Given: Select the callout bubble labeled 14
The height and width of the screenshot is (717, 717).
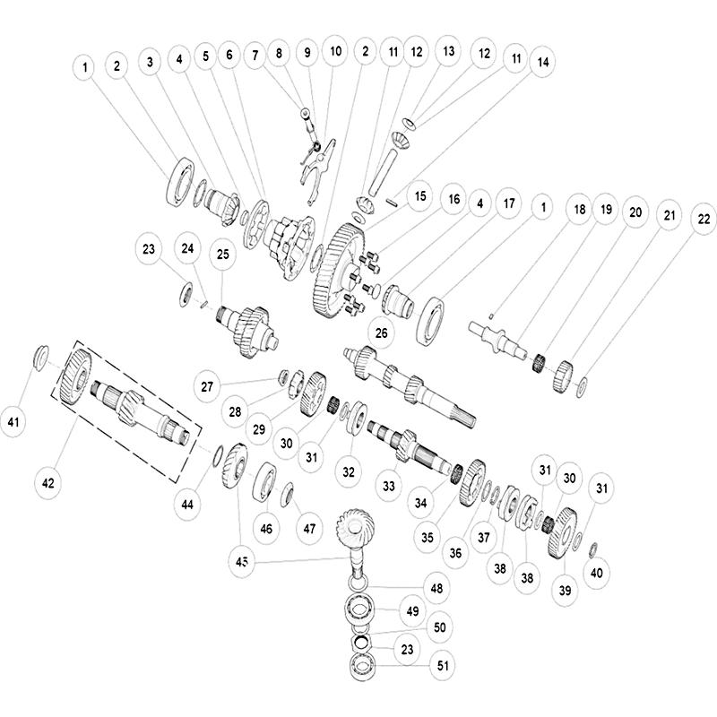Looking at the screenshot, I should (540, 63).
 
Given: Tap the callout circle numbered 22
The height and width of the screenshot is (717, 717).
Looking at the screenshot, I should (703, 218).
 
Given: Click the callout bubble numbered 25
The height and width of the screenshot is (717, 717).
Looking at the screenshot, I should (223, 255).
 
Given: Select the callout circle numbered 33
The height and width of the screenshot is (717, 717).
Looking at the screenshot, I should (388, 486).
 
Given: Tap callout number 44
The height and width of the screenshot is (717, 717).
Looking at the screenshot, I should (186, 505).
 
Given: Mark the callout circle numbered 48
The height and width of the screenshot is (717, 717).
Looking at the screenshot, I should (436, 589).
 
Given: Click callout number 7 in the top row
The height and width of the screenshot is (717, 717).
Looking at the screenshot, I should (256, 55).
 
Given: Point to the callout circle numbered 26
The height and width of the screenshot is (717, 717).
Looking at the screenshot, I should (382, 334).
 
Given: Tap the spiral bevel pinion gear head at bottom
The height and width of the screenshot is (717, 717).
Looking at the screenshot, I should (359, 530).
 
